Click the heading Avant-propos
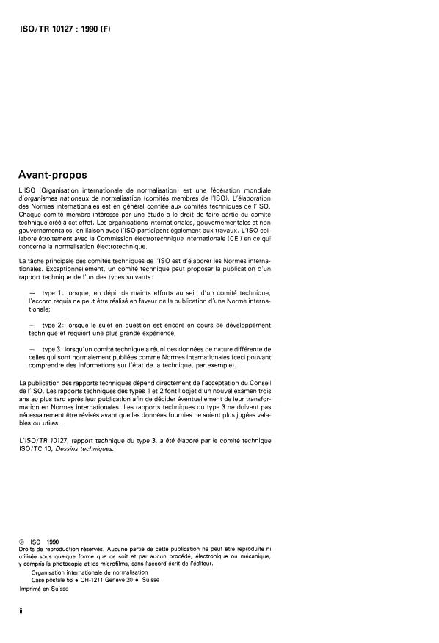(x=53, y=175)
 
